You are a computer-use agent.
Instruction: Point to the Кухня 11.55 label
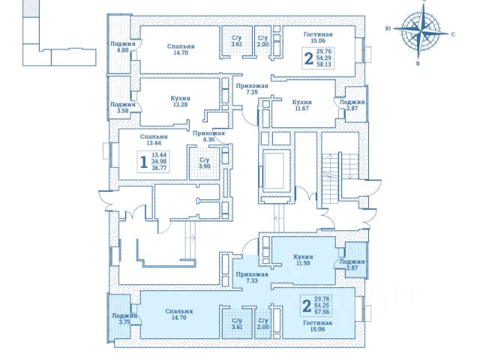[x=303, y=260]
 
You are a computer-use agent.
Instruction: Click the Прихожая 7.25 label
[x=246, y=91]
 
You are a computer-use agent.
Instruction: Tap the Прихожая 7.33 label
[x=246, y=277]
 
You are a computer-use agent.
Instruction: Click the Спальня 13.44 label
[x=153, y=140]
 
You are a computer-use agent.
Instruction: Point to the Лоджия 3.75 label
[x=123, y=319]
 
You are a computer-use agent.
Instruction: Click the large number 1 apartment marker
[x=142, y=160]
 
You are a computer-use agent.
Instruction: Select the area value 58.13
[x=324, y=65]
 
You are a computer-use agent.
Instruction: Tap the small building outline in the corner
[x=52, y=41]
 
